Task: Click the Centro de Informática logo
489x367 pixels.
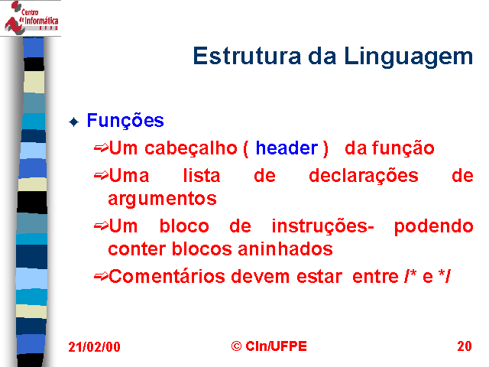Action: [31, 17]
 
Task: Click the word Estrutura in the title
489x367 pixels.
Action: [247, 56]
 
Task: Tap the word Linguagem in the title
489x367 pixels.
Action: [409, 57]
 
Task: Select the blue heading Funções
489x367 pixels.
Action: [125, 121]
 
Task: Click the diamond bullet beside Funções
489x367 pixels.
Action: [74, 122]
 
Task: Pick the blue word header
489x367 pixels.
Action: [287, 148]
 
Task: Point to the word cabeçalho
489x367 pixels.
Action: [190, 148]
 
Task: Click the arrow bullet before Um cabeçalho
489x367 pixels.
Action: [101, 148]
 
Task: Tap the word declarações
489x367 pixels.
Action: [364, 177]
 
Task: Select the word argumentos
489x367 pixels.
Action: [162, 199]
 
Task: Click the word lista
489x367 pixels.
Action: [202, 175]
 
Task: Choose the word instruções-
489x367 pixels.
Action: [322, 226]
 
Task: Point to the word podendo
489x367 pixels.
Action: [433, 226]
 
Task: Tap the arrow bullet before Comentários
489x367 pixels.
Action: [101, 276]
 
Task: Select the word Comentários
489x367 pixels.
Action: [167, 277]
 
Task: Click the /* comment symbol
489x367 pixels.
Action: [410, 276]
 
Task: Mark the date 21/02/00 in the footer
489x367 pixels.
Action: [94, 346]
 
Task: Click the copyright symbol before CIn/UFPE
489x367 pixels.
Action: [236, 346]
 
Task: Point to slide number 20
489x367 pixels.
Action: [465, 346]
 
